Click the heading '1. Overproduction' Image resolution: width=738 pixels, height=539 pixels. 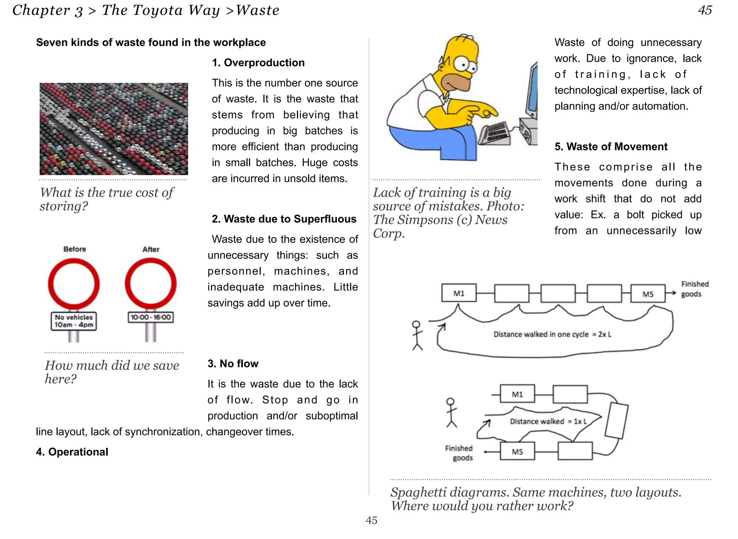[258, 63]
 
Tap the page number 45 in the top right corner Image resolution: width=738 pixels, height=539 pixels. [704, 10]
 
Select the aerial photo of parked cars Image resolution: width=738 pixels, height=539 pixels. [114, 129]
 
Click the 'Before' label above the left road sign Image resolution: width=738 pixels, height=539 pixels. [75, 249]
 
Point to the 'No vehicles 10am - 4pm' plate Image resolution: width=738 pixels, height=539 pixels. [74, 321]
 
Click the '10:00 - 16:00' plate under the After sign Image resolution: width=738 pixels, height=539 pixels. [151, 317]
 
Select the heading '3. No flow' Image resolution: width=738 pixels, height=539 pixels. [233, 364]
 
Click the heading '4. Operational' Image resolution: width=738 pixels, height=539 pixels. [72, 452]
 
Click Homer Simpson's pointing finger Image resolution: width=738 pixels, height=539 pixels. [488, 113]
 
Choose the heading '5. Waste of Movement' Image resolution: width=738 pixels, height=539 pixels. [611, 147]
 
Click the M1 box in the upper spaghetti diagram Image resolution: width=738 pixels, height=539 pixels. [459, 293]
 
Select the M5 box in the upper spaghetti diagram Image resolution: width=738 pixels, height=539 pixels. [648, 294]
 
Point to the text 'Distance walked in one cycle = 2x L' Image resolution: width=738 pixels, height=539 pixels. [552, 334]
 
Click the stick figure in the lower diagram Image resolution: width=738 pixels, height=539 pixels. [451, 413]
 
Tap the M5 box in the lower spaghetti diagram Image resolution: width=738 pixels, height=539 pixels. [517, 451]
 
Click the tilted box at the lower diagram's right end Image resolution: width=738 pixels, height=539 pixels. [617, 420]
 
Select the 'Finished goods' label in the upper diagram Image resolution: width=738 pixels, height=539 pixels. [694, 289]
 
